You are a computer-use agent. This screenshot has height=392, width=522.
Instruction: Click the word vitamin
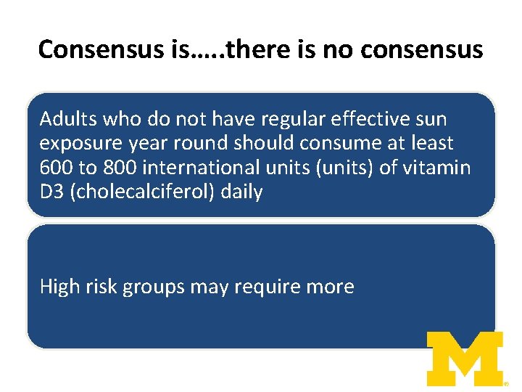coord(437,168)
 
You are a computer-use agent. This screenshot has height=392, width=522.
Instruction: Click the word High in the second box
coord(57,287)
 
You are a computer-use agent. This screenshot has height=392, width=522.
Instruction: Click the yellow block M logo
coord(464,358)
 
